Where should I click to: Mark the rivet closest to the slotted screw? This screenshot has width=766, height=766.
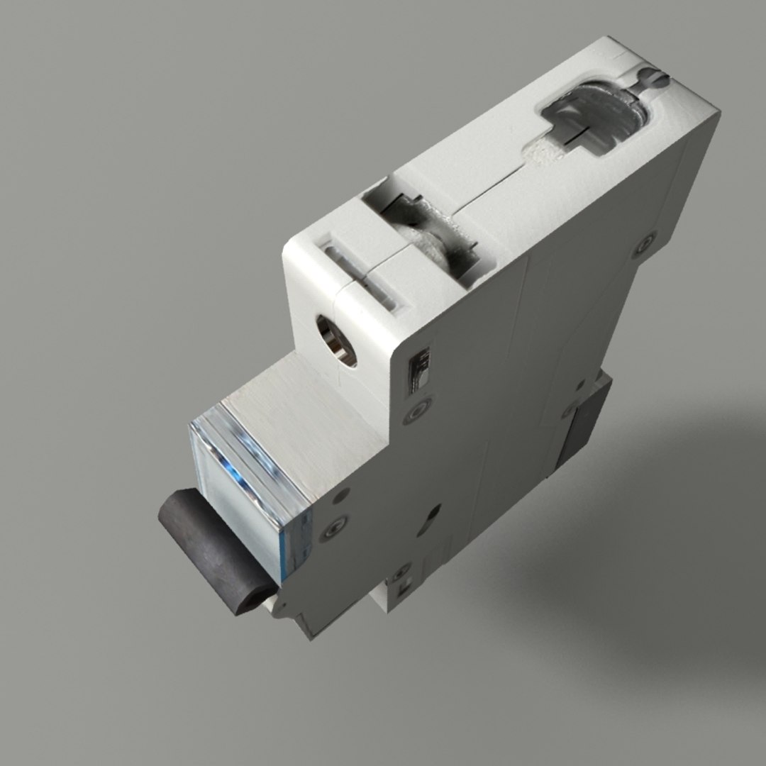(645, 244)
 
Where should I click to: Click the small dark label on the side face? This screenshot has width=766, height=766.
(420, 369)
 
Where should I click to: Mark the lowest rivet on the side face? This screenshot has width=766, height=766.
(399, 570)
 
